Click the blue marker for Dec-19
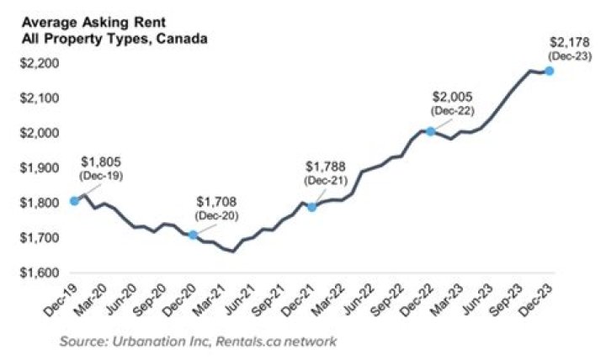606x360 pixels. (75, 200)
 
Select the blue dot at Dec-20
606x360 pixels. (194, 235)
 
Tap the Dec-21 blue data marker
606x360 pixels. (312, 207)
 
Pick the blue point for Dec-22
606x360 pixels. (431, 131)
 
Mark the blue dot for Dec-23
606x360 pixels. (550, 71)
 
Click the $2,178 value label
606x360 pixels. (561, 41)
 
